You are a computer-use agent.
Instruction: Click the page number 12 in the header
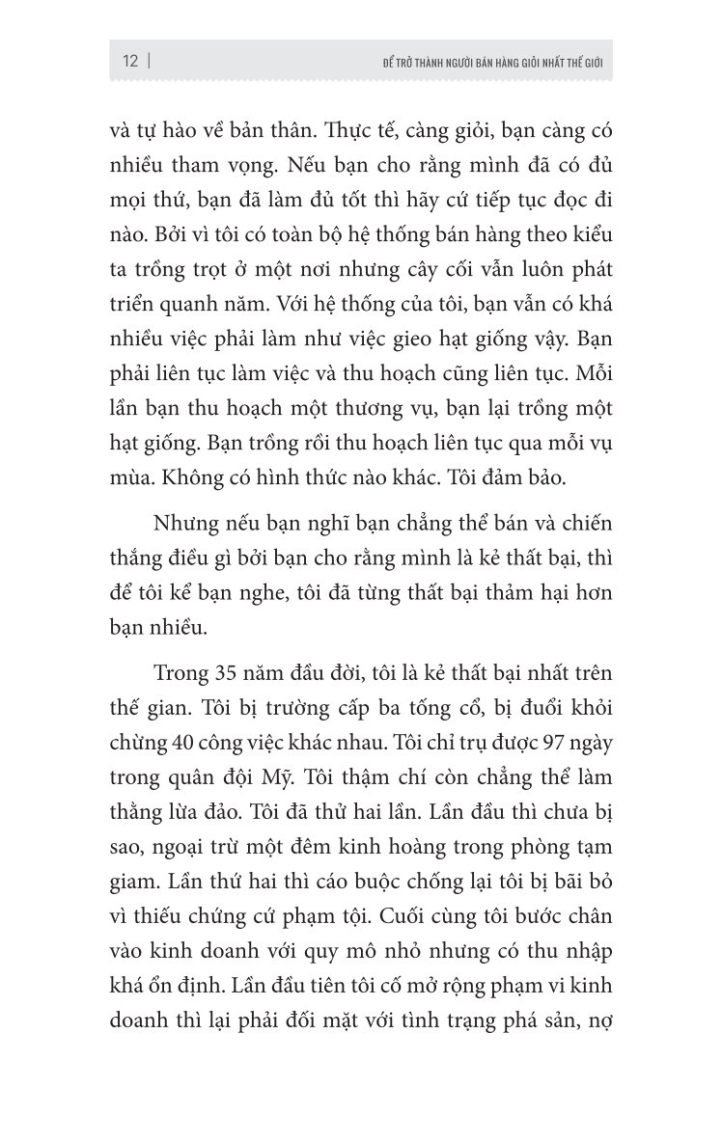(x=130, y=61)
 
